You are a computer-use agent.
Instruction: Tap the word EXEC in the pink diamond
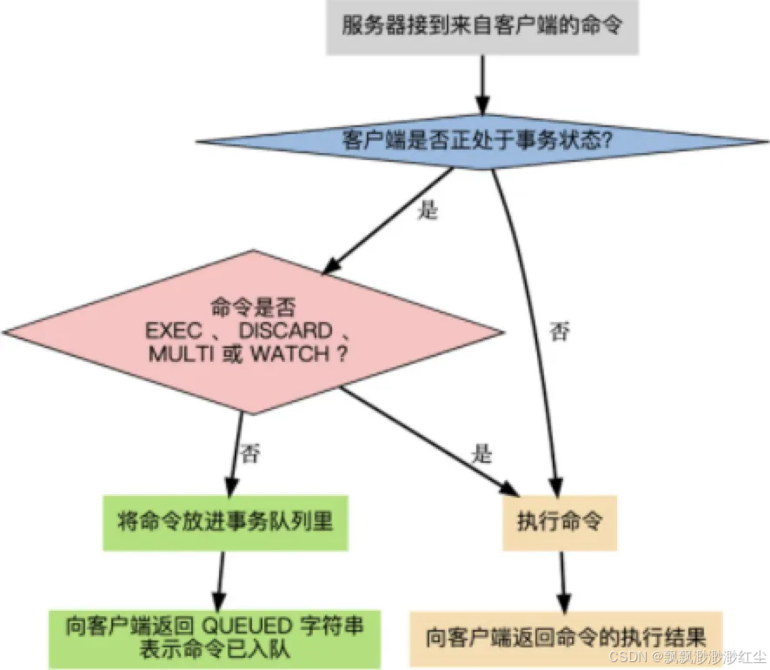(x=172, y=332)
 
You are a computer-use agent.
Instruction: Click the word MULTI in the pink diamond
(x=178, y=356)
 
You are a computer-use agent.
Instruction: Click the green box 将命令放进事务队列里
(x=225, y=522)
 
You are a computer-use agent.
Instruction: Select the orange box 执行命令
(x=560, y=523)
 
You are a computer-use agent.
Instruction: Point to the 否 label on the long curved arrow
(x=561, y=332)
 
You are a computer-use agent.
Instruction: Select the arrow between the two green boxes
(x=220, y=579)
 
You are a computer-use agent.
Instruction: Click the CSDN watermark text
(x=687, y=655)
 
